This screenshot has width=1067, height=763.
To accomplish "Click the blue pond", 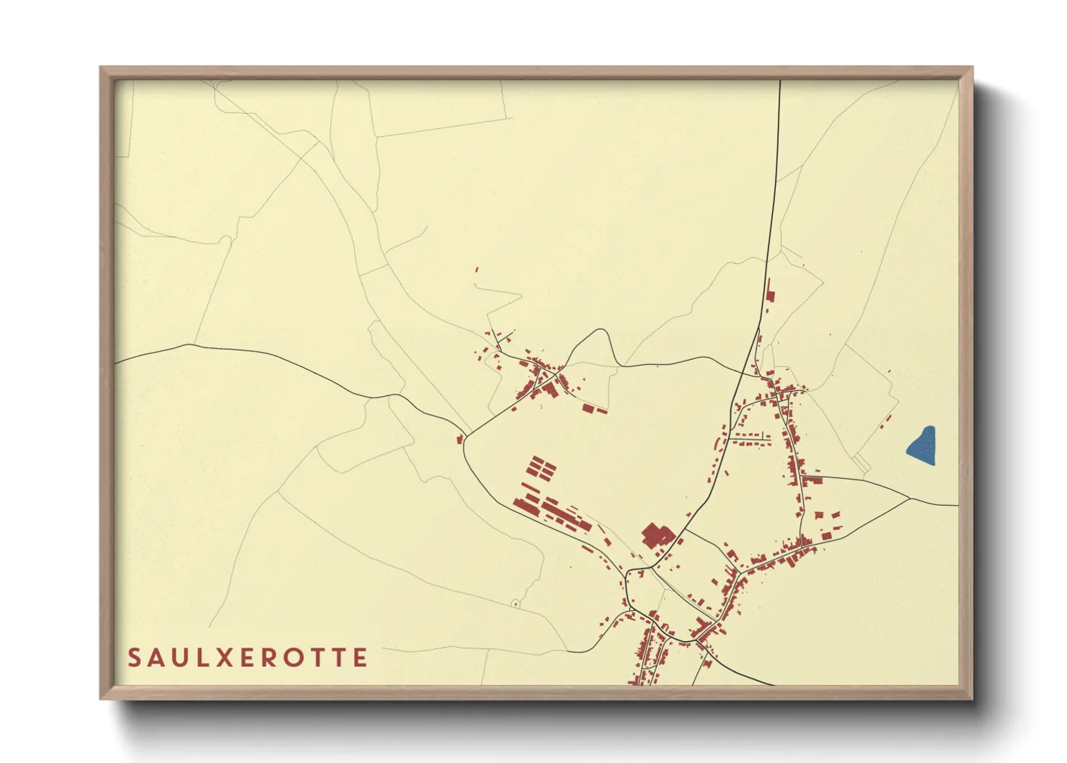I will pos(922,446).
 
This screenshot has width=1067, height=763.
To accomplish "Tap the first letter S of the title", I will pos(135,658).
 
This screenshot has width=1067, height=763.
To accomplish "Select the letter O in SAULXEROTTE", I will pos(295,658).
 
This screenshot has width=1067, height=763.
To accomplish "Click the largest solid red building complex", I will pos(657,537).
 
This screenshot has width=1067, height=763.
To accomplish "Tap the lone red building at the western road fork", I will pos(459,438).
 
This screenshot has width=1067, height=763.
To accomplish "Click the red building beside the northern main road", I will pos(769,295).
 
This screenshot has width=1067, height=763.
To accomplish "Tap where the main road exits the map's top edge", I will pos(780,81).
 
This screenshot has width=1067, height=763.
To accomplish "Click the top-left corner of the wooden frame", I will pos(102,68).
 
